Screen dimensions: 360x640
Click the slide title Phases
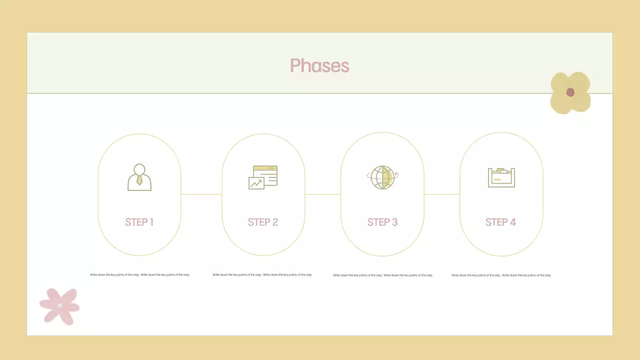point(319,65)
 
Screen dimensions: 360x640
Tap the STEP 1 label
point(139,222)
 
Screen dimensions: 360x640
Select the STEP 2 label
point(263,222)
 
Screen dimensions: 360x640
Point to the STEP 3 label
point(382,222)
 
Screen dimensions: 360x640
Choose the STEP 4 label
point(500,222)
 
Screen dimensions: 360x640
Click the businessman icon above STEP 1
point(139,177)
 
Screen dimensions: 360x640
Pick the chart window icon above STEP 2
point(263,177)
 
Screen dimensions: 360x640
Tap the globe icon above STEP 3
point(382,177)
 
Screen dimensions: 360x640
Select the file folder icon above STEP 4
point(501,177)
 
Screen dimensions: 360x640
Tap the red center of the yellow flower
point(570,92)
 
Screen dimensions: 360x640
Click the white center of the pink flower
point(60,305)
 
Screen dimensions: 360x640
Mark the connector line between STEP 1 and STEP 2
point(201,194)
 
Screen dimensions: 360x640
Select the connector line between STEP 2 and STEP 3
point(322,194)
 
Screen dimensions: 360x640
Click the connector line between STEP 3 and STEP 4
point(441,194)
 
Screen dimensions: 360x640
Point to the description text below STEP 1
point(140,274)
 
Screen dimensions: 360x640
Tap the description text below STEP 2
point(262,274)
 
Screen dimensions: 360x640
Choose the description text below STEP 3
point(383,275)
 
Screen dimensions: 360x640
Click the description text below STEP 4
point(501,275)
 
